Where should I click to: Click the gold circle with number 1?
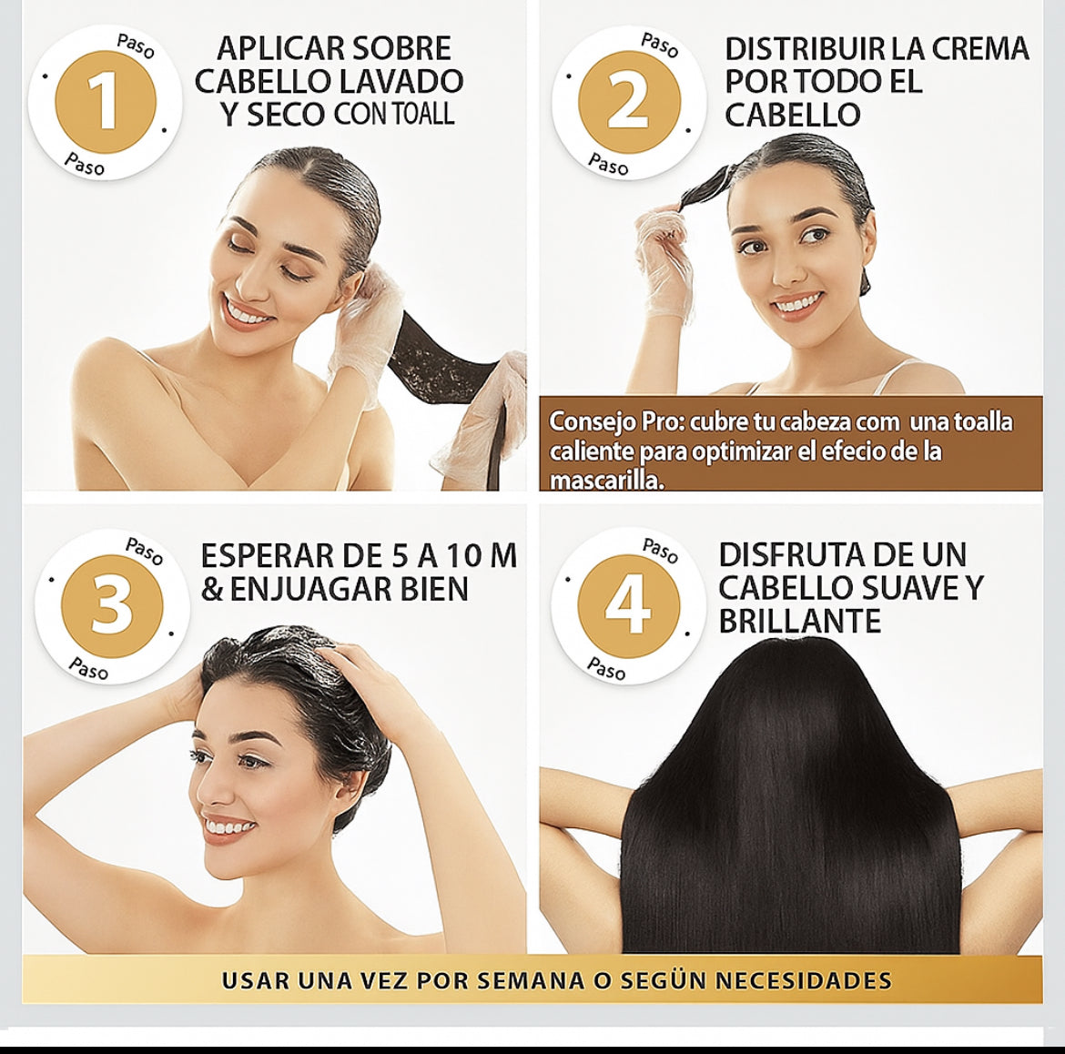(x=106, y=103)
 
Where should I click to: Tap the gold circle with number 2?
(x=629, y=103)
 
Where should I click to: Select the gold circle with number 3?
(x=112, y=606)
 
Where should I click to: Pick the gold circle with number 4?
(x=628, y=606)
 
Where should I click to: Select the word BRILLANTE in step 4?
(x=799, y=621)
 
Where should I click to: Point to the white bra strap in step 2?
(x=885, y=375)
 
